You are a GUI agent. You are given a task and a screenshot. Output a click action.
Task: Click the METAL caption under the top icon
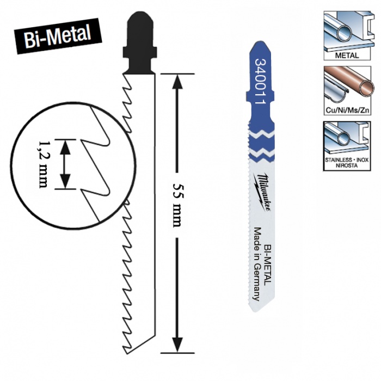[x=347, y=55]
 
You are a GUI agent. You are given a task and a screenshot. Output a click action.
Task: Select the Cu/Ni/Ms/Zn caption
[x=347, y=110]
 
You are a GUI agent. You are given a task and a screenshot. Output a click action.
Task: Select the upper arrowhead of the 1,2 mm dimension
[x=65, y=145]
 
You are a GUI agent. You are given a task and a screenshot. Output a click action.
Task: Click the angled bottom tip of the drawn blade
[x=131, y=346]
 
